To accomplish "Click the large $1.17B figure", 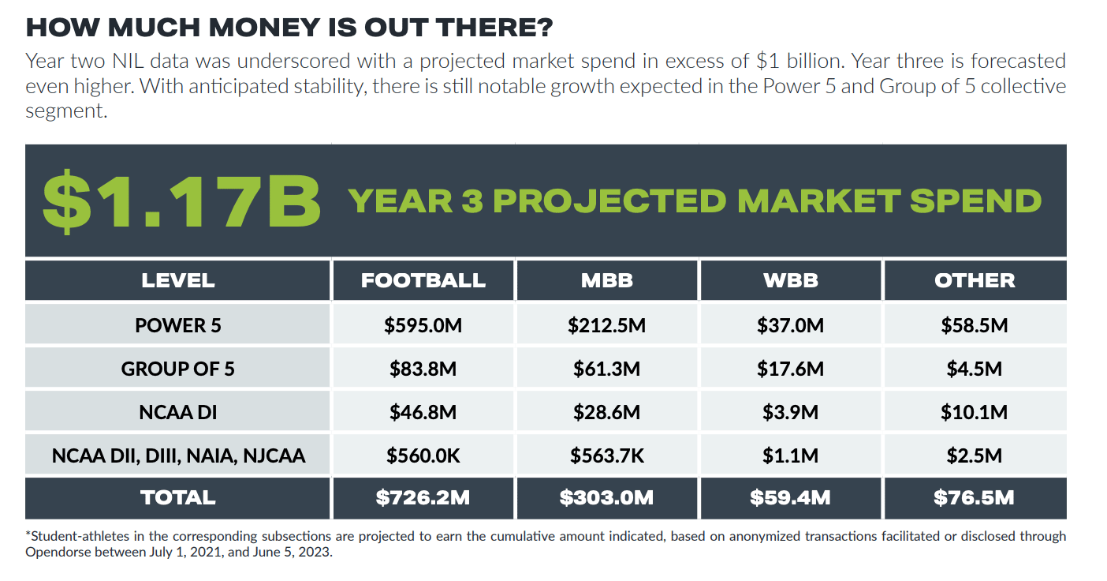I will tap(181, 201).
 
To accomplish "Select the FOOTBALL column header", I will tap(423, 280).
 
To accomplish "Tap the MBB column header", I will tap(606, 280).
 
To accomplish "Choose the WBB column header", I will tap(790, 280).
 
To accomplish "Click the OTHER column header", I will tap(975, 280).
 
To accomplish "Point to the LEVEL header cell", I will tap(177, 280).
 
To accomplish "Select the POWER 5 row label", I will tap(177, 325).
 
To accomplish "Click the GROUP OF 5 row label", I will tap(177, 369).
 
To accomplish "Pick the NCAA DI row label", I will tap(177, 412).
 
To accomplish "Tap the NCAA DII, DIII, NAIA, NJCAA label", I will tap(178, 455).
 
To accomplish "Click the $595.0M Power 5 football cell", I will tap(423, 325).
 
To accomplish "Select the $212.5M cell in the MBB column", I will tap(606, 325).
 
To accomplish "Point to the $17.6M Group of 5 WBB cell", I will tap(790, 369).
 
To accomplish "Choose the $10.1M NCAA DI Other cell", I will tap(975, 412).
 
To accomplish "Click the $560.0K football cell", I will tap(423, 455).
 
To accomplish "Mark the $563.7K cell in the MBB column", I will tap(606, 455).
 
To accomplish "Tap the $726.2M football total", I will tap(423, 497).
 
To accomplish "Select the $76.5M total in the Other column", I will tap(975, 497).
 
